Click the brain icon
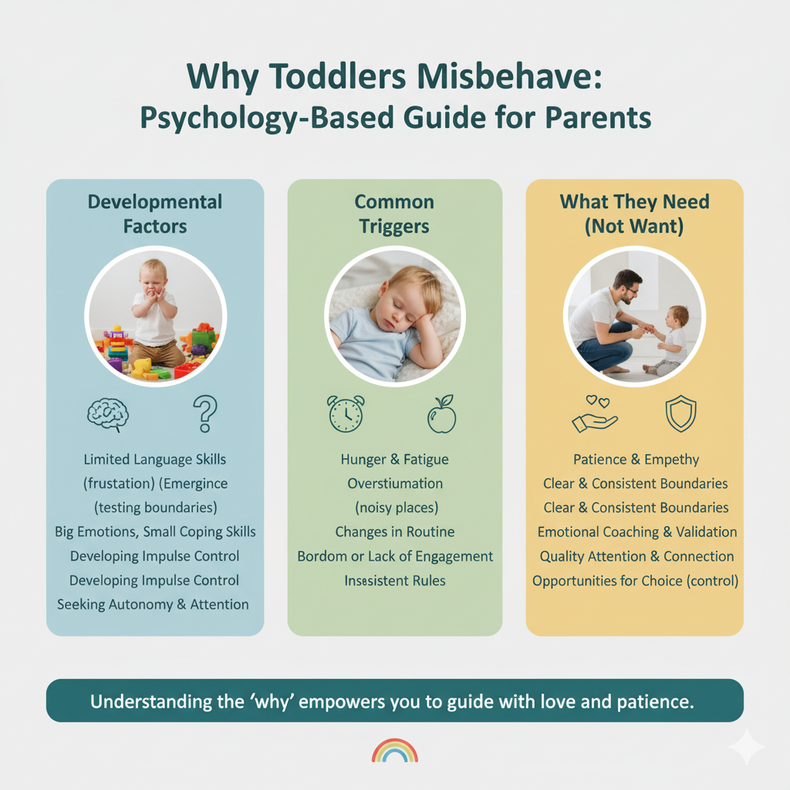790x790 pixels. pos(108,414)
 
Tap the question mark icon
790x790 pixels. pos(205,414)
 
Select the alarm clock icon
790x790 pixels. pos(346,414)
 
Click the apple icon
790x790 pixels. pos(442,414)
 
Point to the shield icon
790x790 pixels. pos(680,414)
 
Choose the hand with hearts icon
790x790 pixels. pos(595,414)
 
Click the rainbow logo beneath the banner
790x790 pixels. pos(395,750)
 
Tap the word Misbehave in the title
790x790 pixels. pos(509,77)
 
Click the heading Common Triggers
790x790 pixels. pos(394,214)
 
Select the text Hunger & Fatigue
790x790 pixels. pos(394,460)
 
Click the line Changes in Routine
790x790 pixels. pos(395,532)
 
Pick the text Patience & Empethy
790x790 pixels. pos(636,460)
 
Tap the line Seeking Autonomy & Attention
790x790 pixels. pos(153,605)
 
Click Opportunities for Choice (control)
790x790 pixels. pos(636,581)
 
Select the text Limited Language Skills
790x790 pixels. pos(154,460)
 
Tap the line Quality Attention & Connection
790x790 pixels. pos(636,556)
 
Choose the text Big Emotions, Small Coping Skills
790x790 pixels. pos(155,532)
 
